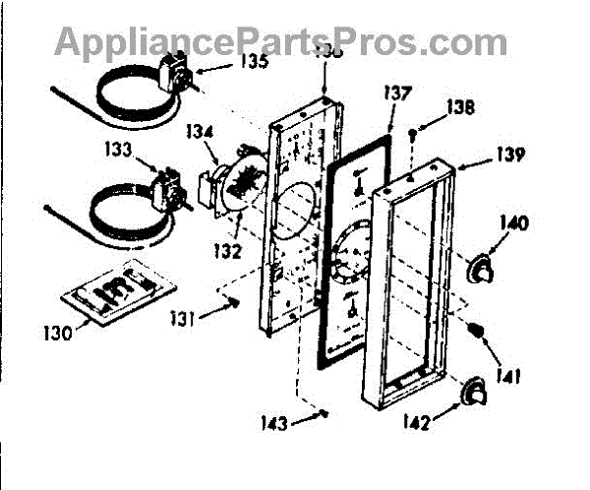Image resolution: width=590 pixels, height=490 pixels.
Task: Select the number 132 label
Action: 228,251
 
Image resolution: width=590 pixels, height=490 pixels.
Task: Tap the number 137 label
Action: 398,95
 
